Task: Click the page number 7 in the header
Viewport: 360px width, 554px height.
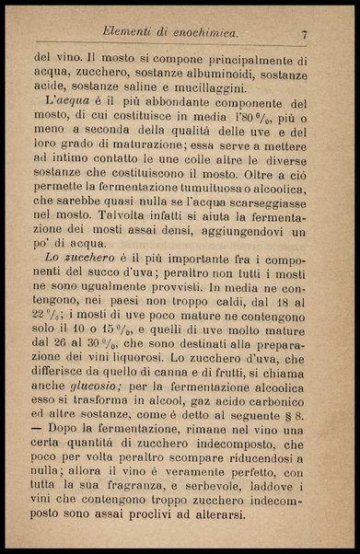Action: click(x=303, y=34)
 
